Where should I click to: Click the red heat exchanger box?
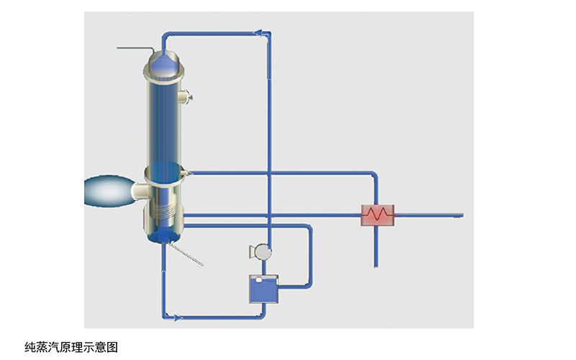379,215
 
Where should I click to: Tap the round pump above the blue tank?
261,251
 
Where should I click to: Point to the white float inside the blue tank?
259,279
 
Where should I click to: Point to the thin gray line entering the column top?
137,49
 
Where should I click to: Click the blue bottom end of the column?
165,235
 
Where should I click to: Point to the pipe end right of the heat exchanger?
461,215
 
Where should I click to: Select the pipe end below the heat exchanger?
375,265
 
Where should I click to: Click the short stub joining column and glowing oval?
141,192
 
